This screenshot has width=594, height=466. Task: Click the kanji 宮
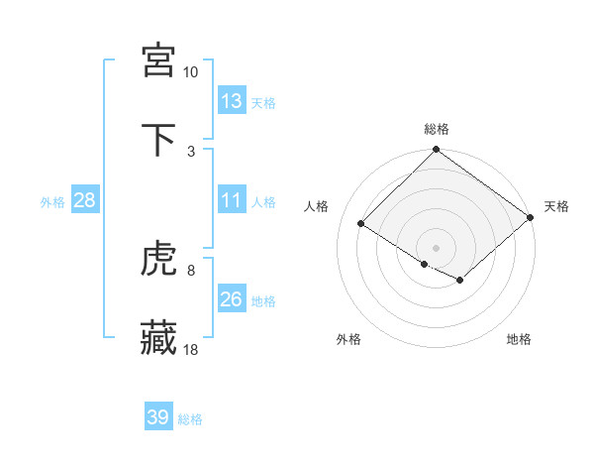pos(158,60)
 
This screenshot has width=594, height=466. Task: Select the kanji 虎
pos(158,260)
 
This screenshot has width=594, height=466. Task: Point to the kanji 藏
pos(158,338)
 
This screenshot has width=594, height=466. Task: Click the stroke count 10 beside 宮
pos(190,72)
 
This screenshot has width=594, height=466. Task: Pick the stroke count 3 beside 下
pos(190,151)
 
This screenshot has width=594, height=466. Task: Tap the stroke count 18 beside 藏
pos(191,349)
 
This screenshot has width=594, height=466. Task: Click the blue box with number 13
pos(232,101)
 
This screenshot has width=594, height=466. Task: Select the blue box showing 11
pos(232,200)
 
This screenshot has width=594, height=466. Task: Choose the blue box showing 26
pos(232,299)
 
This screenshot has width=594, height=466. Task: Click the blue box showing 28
pos(85,200)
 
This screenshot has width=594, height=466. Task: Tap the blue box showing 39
pos(158,417)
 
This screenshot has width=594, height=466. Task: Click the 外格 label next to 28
pos(52,201)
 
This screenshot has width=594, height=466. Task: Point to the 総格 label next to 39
pos(190,419)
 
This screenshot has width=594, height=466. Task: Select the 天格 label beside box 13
pos(263,102)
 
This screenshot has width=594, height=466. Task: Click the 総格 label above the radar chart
pos(437,129)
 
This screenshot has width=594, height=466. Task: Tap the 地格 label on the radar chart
pos(519,339)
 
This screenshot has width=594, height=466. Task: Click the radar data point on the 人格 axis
pos(361,224)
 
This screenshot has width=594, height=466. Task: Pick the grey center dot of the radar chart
pos(437,247)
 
